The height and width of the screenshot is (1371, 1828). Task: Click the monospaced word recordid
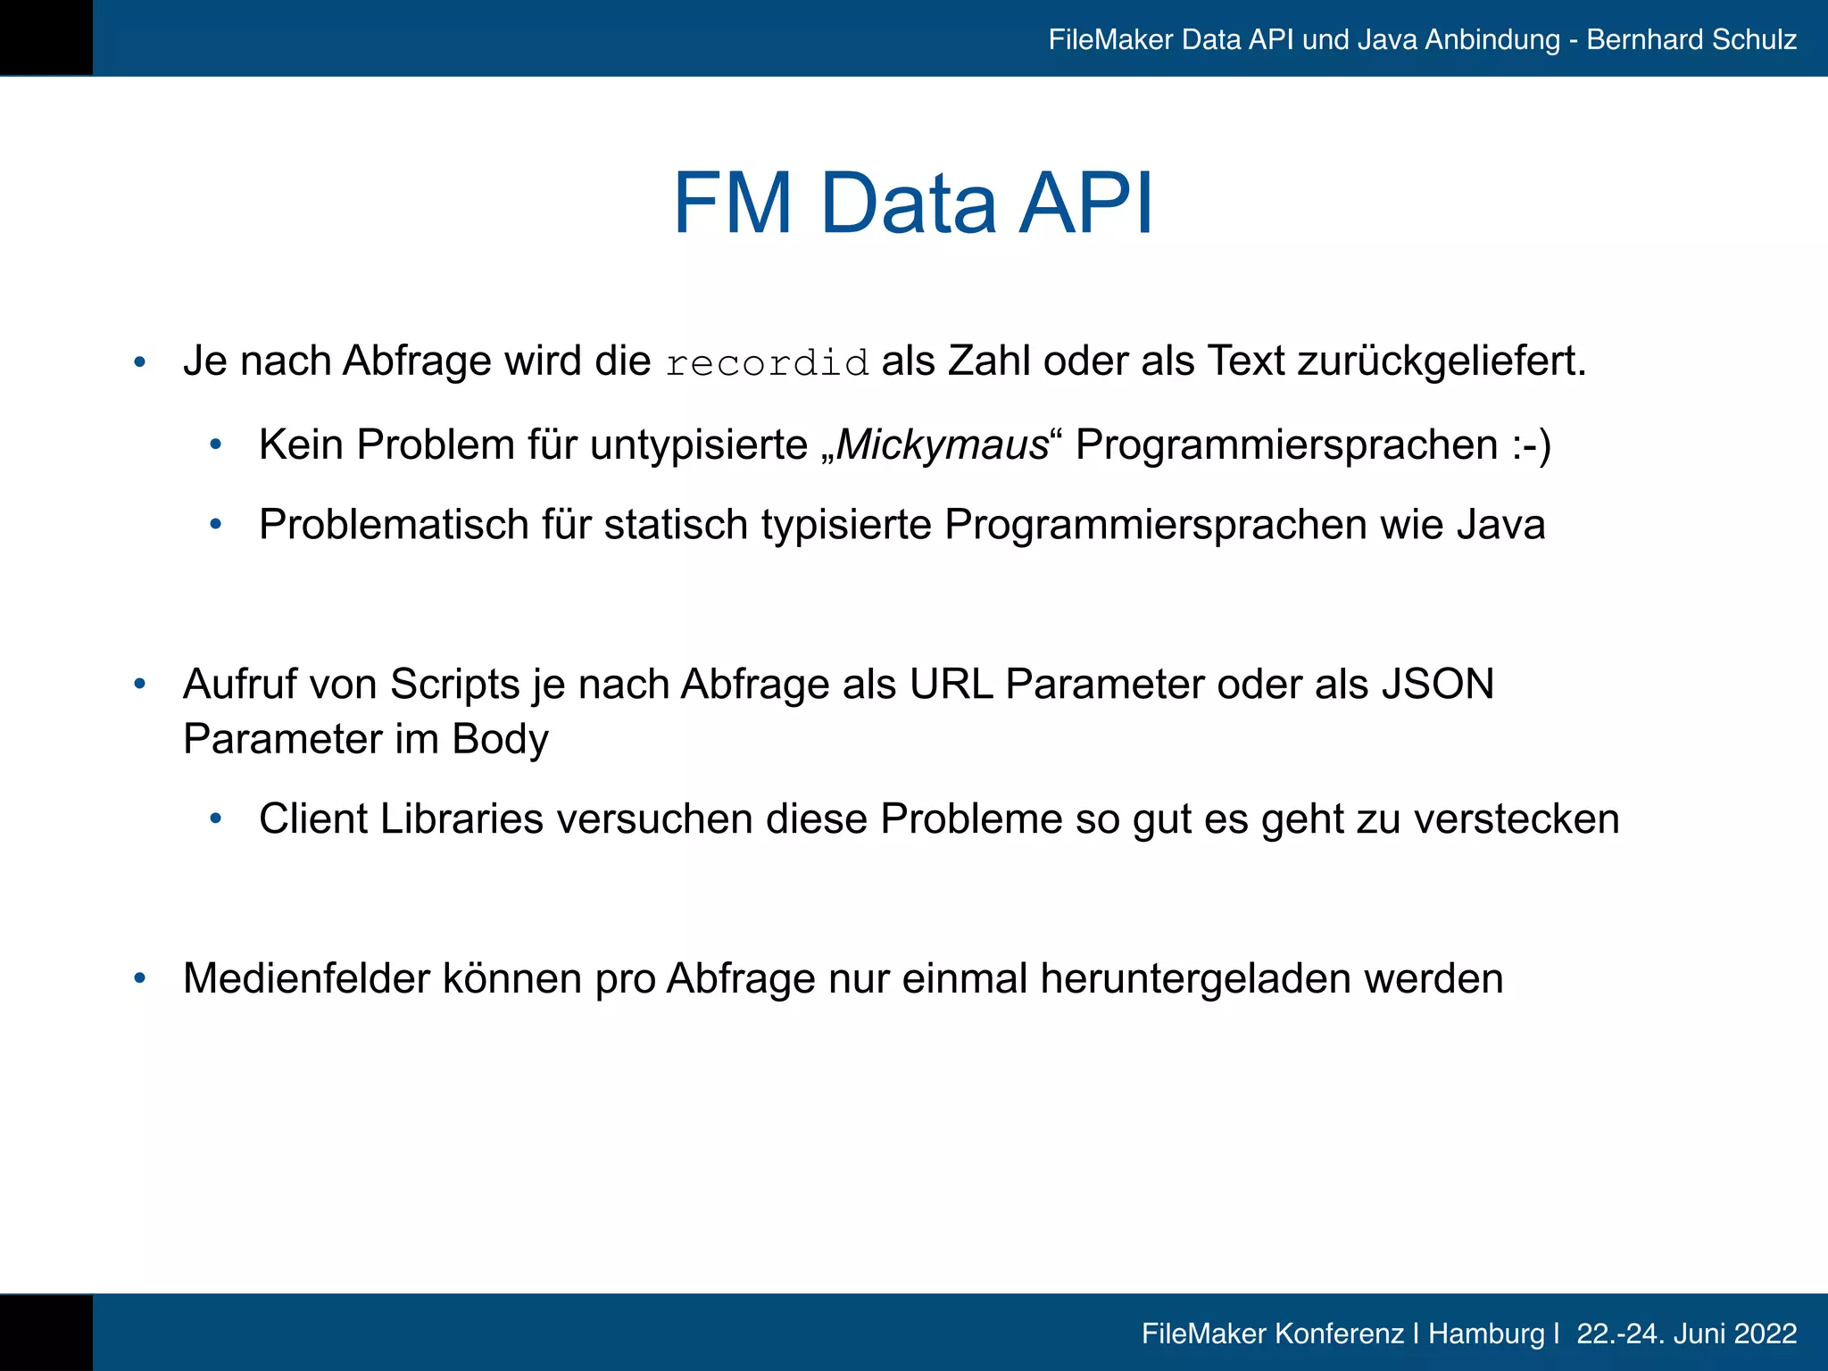tap(767, 363)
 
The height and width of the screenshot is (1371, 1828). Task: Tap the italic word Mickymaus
tap(942, 445)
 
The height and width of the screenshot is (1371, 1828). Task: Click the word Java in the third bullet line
tap(1500, 524)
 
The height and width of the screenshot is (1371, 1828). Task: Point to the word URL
tap(951, 685)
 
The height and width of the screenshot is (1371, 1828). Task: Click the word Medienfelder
tap(306, 978)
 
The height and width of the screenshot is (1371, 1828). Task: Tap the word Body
tap(500, 739)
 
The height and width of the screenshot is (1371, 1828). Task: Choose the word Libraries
tap(461, 819)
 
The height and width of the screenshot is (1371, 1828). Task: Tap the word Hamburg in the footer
tap(1486, 1334)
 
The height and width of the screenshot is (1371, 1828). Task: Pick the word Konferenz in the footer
tap(1338, 1334)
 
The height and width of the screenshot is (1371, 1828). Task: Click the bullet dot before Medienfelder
tap(139, 979)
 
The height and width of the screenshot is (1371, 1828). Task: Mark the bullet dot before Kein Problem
tap(215, 445)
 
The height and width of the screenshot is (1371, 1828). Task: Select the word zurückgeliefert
tap(1442, 361)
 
